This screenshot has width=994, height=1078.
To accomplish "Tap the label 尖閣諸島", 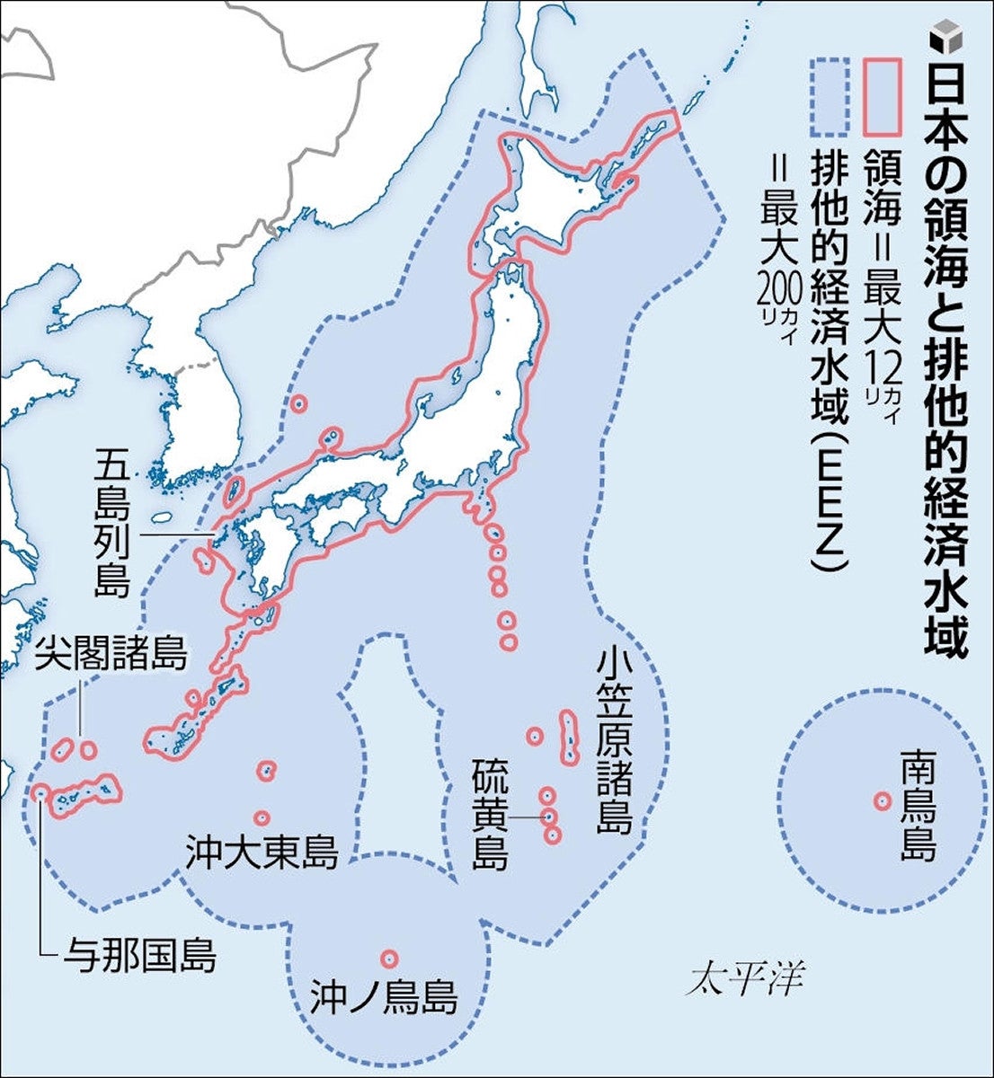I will [111, 655].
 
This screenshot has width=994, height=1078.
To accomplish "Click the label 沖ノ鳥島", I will [384, 997].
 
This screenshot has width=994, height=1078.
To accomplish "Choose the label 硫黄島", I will [491, 816].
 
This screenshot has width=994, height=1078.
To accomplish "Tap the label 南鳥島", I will [919, 806].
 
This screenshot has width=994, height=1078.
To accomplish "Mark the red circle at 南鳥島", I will [882, 800].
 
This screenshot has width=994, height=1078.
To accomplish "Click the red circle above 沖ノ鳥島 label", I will [388, 959].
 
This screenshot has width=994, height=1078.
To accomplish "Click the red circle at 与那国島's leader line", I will [40, 792].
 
